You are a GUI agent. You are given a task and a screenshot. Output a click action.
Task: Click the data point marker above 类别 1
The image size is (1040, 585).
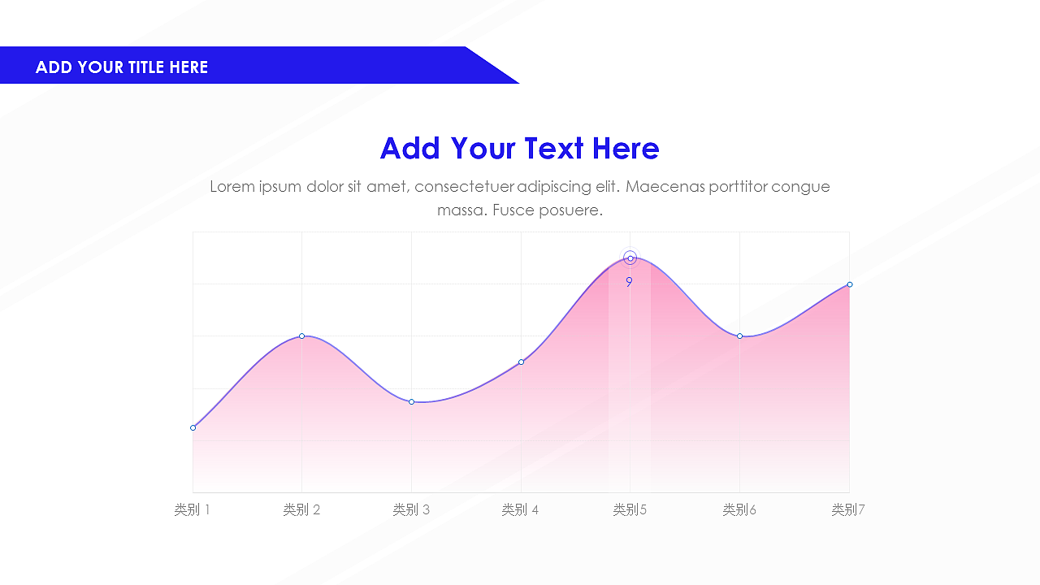pyautogui.click(x=193, y=427)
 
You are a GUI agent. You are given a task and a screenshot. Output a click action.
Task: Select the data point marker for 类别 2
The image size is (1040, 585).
pyautogui.click(x=301, y=336)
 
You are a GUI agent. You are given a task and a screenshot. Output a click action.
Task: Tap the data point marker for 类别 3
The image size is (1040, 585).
pyautogui.click(x=411, y=401)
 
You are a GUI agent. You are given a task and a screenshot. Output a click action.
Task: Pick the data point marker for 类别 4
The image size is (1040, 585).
pyautogui.click(x=521, y=362)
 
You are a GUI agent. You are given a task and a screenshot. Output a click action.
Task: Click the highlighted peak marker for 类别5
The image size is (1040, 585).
pyautogui.click(x=630, y=258)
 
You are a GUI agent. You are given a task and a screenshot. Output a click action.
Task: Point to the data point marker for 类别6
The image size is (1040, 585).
pyautogui.click(x=739, y=336)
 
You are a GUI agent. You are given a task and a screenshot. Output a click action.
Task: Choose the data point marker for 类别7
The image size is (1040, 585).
pyautogui.click(x=850, y=284)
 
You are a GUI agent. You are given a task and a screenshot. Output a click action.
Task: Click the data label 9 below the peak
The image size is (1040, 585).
pyautogui.click(x=629, y=282)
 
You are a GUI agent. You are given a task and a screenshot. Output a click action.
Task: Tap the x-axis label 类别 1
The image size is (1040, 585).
pyautogui.click(x=193, y=509)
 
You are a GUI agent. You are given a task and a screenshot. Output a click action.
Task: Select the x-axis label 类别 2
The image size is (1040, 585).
pyautogui.click(x=301, y=509)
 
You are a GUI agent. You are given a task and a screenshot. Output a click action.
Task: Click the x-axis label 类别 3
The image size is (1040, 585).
pyautogui.click(x=411, y=509)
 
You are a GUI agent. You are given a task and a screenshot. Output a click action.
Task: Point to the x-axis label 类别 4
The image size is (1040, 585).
pyautogui.click(x=521, y=509)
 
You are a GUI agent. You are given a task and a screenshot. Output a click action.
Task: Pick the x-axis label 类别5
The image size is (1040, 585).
pyautogui.click(x=630, y=509)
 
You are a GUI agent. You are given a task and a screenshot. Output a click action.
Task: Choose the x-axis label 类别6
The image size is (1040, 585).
pyautogui.click(x=739, y=509)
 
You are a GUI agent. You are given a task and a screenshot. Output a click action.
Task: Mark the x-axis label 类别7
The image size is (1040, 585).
pyautogui.click(x=848, y=509)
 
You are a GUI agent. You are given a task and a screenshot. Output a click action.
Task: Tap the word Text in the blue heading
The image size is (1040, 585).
pyautogui.click(x=554, y=149)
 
